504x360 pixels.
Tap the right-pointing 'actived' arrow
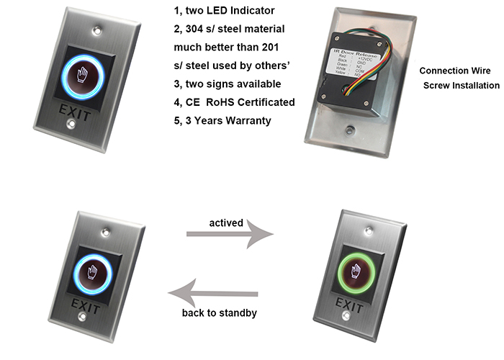(230, 234)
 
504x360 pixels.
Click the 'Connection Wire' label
(455, 71)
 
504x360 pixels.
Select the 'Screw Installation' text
(461, 86)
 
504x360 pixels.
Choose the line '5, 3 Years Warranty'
(222, 120)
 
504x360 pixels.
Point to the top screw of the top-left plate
(96, 32)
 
